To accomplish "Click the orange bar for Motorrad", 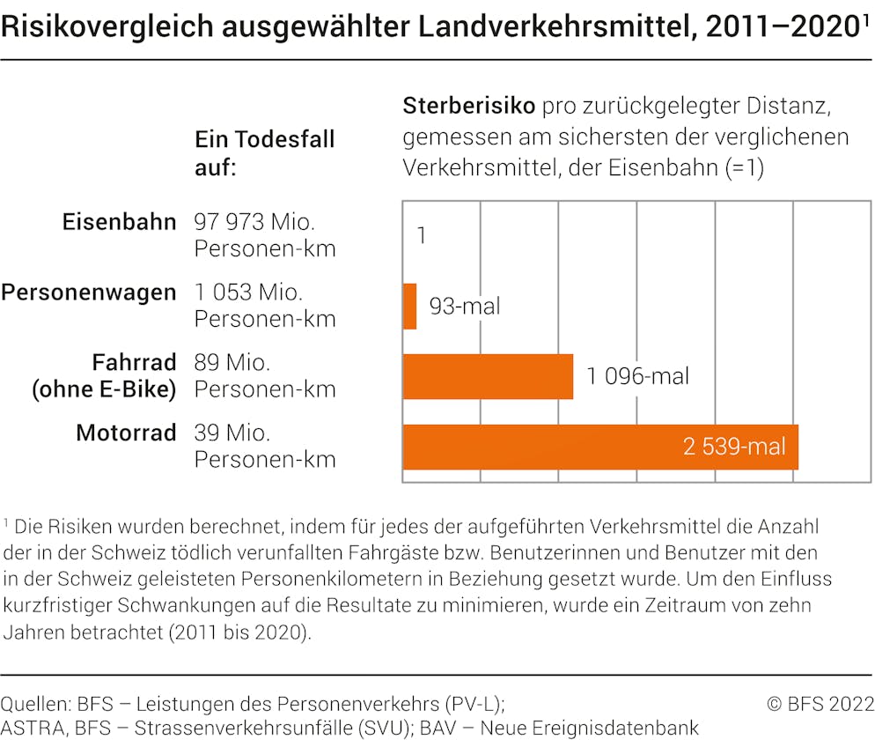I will [x=600, y=447].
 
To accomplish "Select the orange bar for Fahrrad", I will [x=488, y=377].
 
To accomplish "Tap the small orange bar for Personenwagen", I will [x=410, y=307].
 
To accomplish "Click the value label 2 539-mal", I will [x=734, y=447].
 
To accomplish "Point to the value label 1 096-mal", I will [x=638, y=377].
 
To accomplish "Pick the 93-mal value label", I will [x=465, y=307].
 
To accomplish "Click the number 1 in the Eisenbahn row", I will [x=422, y=236].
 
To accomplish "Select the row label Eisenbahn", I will [x=120, y=222].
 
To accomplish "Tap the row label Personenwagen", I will [x=89, y=292].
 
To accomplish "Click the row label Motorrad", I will [x=127, y=433].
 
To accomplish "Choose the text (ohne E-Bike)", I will [x=104, y=389].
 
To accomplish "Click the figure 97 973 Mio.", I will [x=254, y=222].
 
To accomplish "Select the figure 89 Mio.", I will [x=232, y=363].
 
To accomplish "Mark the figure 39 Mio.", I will [x=232, y=433].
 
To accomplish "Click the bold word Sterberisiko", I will [x=468, y=107].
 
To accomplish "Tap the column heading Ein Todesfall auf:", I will [x=264, y=152].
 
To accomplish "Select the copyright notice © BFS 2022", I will [x=820, y=703].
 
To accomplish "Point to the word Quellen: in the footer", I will [x=35, y=703].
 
